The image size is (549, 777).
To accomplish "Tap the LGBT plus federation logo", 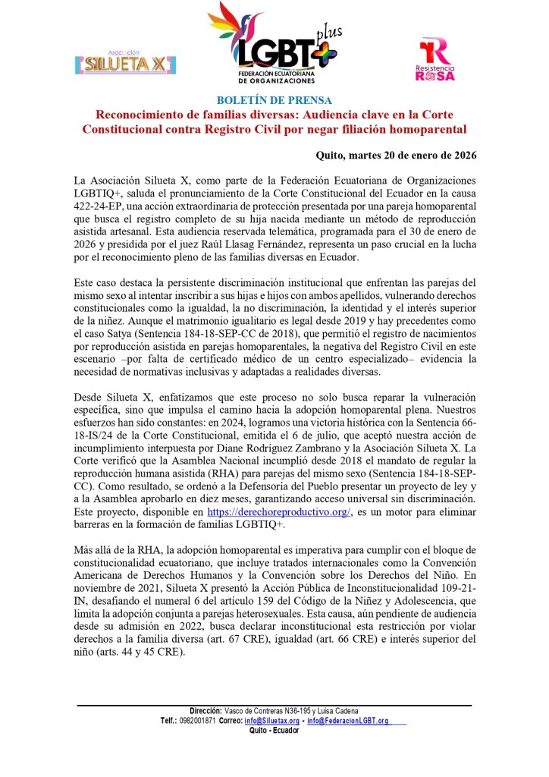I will coord(274,42).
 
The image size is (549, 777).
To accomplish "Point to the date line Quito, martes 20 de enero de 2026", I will coord(396,156).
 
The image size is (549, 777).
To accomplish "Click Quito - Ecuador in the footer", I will coord(274,730).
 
